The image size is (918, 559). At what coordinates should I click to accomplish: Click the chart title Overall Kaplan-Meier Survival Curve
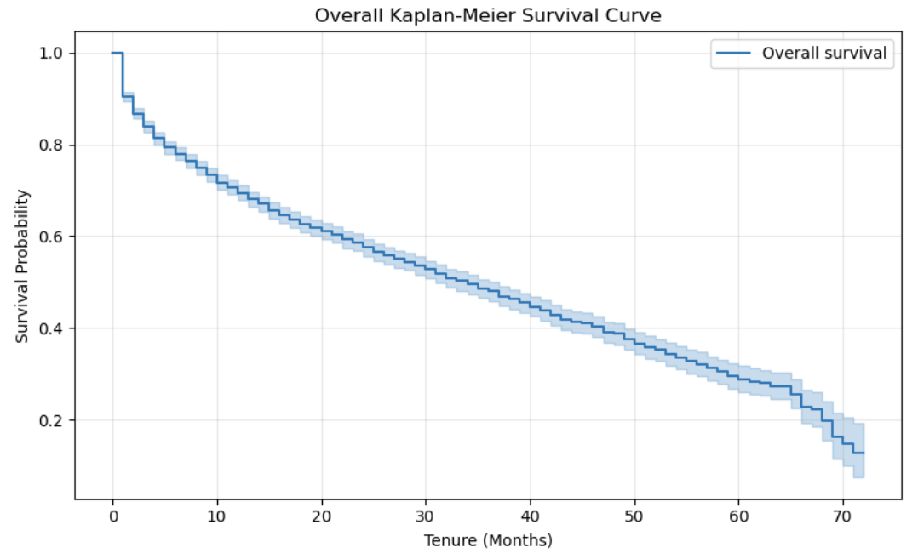488,15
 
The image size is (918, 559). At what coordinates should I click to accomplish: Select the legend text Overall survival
823,54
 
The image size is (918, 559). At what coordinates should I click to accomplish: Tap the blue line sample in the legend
734,54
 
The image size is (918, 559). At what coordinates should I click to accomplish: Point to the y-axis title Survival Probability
23,266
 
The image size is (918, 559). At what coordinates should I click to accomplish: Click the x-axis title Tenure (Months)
488,540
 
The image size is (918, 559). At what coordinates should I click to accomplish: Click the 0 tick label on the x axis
112,516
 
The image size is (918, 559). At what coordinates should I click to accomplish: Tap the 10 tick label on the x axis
216,516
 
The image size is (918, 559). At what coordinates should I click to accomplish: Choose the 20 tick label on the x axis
321,516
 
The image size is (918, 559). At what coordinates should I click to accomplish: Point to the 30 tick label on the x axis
425,516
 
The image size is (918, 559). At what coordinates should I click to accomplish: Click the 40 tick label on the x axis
530,516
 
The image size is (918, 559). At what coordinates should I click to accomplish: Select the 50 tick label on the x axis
634,516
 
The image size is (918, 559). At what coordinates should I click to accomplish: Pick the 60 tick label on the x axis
738,516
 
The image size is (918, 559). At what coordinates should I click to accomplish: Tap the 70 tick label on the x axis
842,516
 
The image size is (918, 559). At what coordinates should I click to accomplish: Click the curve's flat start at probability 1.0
118,53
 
